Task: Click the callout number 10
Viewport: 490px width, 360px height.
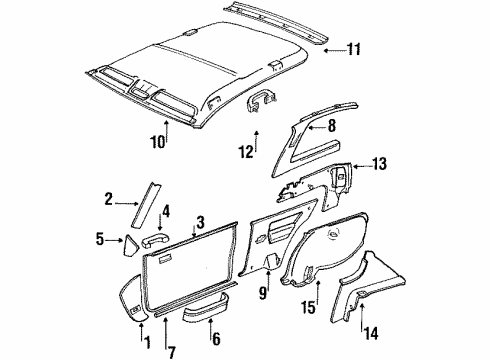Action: (158, 144)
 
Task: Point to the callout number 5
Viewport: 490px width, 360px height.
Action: (100, 239)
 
